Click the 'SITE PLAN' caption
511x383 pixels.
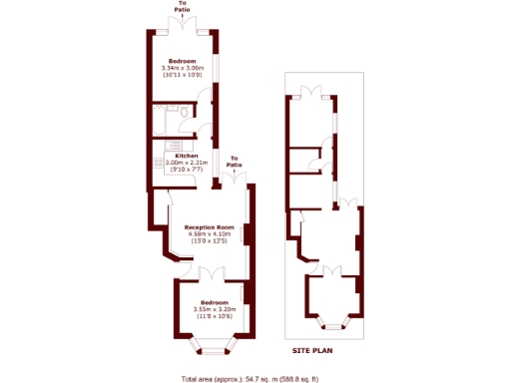point(312,351)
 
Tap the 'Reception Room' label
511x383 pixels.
point(217,227)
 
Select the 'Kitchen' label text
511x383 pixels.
point(187,156)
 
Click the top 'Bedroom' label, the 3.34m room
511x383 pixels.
point(182,61)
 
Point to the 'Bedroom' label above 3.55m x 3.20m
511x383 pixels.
point(215,302)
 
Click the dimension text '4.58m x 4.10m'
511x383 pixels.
point(217,234)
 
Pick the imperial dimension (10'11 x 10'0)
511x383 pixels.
point(182,75)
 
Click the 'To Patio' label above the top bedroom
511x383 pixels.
point(182,7)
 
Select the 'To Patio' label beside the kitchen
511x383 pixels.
point(235,162)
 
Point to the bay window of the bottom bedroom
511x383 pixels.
point(215,348)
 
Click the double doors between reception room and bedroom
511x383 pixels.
point(214,272)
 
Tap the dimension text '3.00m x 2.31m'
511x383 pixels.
point(187,163)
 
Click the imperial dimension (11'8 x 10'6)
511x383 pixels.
point(215,316)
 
